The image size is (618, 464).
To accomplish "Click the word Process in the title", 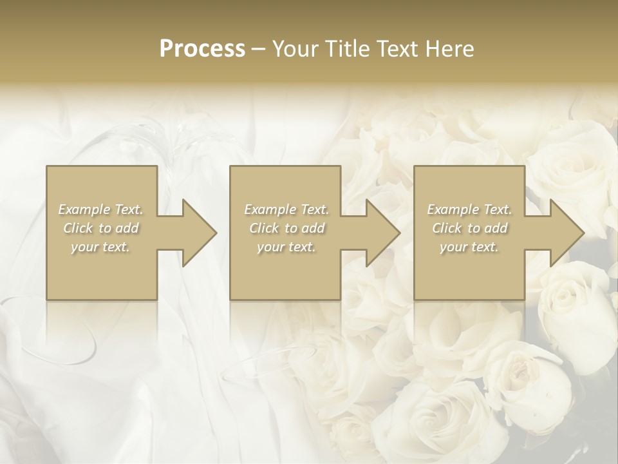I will click(202, 48).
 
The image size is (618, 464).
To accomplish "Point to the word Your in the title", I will click(295, 48).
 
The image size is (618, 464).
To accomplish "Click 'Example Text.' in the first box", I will click(101, 209).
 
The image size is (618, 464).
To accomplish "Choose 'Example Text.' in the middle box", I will click(286, 209).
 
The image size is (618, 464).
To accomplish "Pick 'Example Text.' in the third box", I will click(469, 209).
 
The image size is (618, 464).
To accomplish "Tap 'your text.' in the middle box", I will click(286, 247).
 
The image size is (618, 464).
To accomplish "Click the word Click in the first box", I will click(78, 228).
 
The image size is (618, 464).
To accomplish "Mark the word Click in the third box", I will click(447, 228).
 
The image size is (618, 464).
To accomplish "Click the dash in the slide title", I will click(259, 50).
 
